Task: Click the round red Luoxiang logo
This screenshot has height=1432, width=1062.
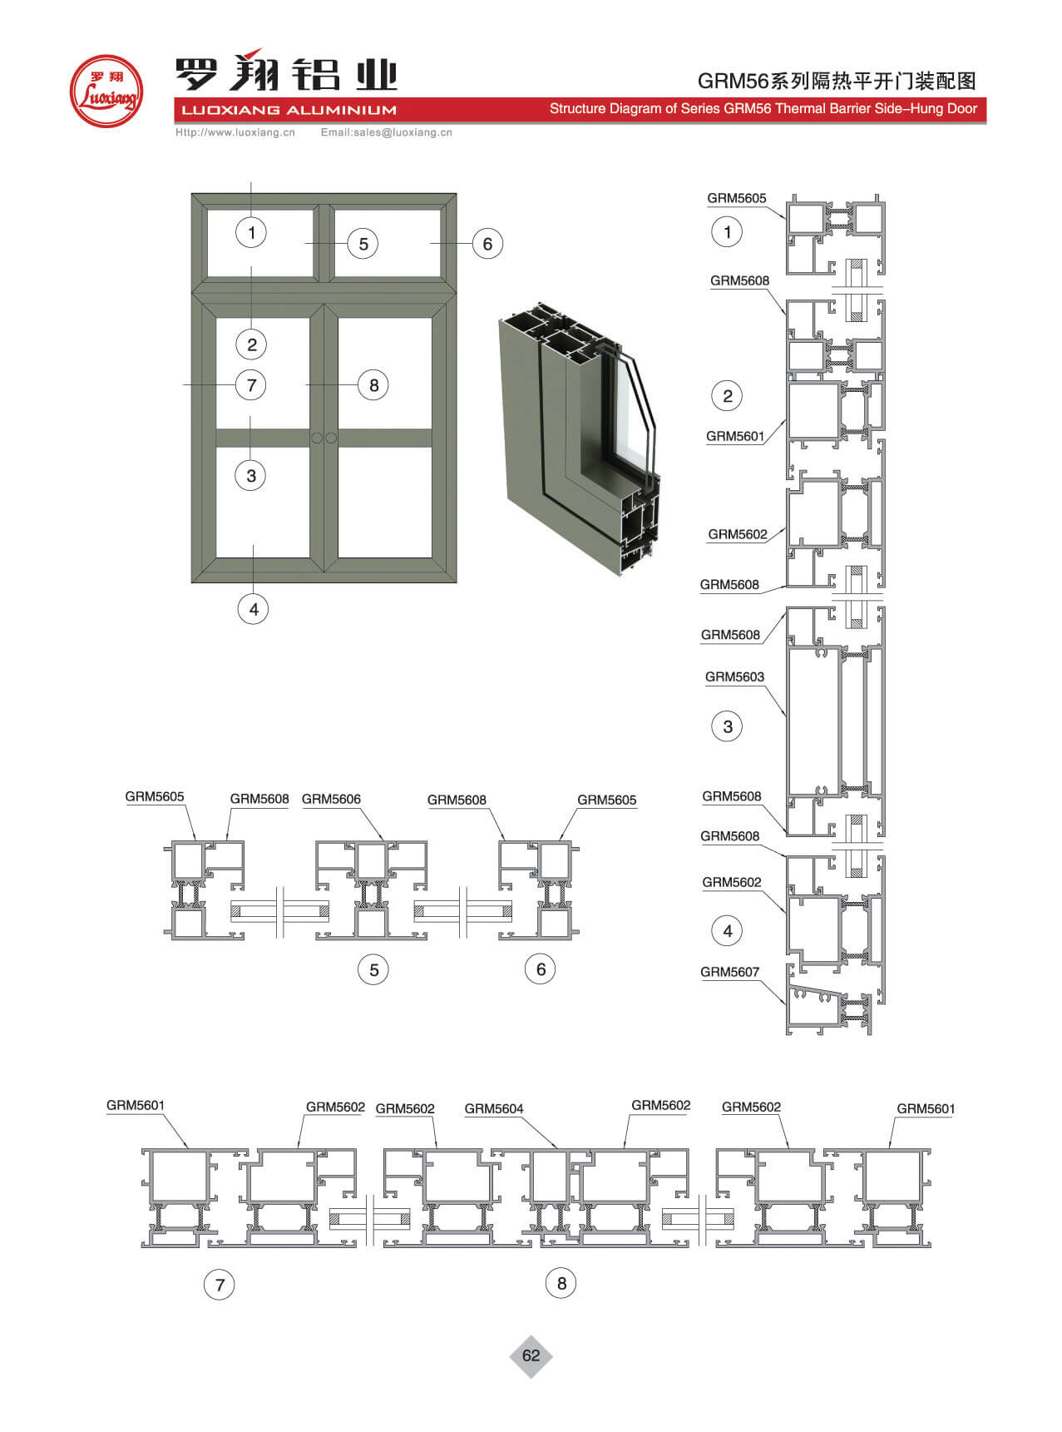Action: pyautogui.click(x=106, y=91)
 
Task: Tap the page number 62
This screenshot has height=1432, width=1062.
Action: pyautogui.click(x=531, y=1355)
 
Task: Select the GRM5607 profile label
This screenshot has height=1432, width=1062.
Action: pyautogui.click(x=729, y=971)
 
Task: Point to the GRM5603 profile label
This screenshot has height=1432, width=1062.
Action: pyautogui.click(x=734, y=676)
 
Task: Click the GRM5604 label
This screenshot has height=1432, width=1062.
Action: pyautogui.click(x=494, y=1108)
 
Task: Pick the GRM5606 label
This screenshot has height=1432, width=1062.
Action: pyautogui.click(x=331, y=799)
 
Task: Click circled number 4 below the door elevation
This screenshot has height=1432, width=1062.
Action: pyautogui.click(x=254, y=609)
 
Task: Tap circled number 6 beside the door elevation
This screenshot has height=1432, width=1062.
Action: pyautogui.click(x=487, y=244)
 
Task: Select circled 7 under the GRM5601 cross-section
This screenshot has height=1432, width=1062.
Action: pyautogui.click(x=220, y=1285)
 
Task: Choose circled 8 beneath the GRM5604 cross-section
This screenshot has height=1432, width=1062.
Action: pyautogui.click(x=561, y=1283)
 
